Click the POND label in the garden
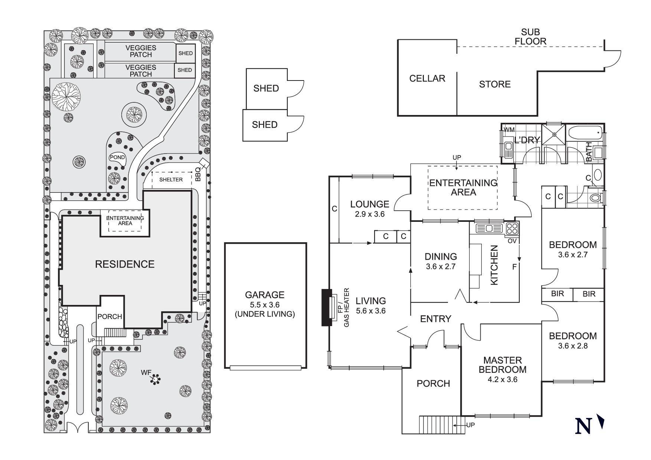pos(117,157)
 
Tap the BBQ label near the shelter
pos(198,174)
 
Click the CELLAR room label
pos(427,78)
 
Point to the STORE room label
pos(495,84)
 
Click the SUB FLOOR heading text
pos(530,37)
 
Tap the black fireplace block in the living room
pos(327,308)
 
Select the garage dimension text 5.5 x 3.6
pos(265,305)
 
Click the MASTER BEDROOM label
pos(502,365)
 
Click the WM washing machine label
pos(509,130)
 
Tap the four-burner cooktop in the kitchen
pos(512,228)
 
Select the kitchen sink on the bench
pos(489,228)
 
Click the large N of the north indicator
pos(583,426)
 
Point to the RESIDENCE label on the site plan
pos(125,264)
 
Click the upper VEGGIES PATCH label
pos(141,51)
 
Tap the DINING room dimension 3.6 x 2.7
pos(441,266)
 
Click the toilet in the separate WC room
pos(595,197)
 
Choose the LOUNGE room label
pos(370,204)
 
